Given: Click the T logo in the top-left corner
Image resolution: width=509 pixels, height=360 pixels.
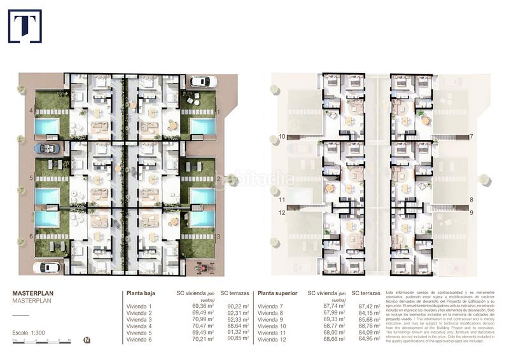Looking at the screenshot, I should coord(25,26).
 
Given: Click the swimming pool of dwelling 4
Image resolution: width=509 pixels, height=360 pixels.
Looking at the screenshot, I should coord(46,127).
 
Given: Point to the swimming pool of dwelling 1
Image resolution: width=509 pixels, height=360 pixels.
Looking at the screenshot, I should coord(202,127).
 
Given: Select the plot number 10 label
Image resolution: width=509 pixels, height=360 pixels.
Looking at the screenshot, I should coord(282,137).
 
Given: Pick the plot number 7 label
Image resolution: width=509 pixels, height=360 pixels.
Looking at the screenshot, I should coord(471,137).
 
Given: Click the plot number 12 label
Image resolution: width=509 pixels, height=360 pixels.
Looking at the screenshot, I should coord(282,212).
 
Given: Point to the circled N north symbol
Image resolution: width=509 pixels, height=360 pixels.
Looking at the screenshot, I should coord(87,340).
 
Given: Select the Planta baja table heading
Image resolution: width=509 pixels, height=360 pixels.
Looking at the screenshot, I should coord(143,294).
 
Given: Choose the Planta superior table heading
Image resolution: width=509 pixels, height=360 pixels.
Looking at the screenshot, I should coord(277,294).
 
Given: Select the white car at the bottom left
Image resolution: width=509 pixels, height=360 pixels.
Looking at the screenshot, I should coord(46,268).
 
